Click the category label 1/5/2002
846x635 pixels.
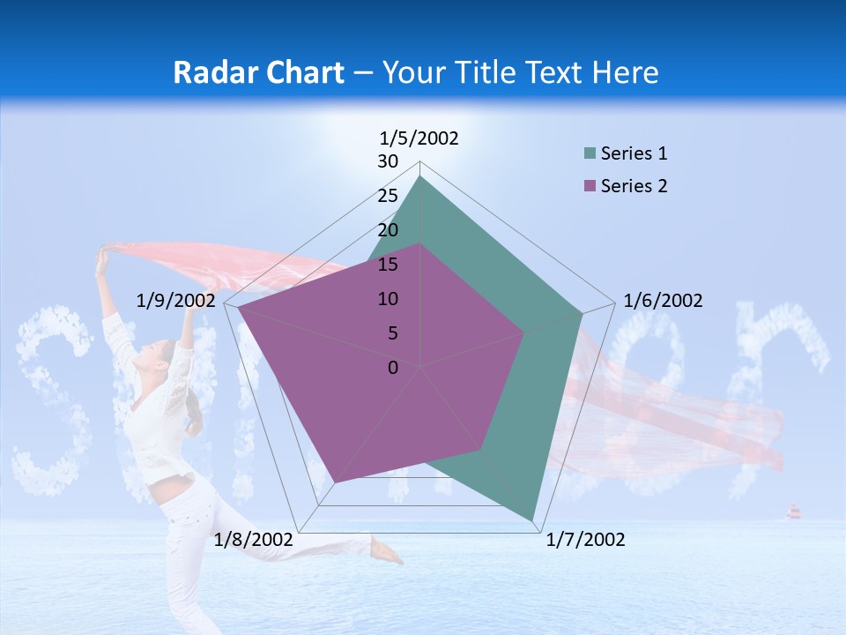click(419, 138)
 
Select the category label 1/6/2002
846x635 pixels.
click(663, 301)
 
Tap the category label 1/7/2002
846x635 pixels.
click(585, 540)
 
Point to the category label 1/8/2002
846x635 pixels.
click(254, 540)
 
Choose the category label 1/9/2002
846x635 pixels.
click(176, 301)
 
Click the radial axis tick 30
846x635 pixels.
click(388, 161)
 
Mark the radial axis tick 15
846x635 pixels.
click(388, 265)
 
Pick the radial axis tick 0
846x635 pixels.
click(393, 367)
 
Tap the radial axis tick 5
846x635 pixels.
click(393, 333)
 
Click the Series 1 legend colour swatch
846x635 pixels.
click(590, 154)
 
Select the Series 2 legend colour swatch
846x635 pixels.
click(590, 186)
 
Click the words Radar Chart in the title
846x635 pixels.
click(258, 72)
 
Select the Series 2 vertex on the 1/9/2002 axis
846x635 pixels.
click(238, 308)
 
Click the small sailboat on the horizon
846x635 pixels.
click(793, 512)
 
